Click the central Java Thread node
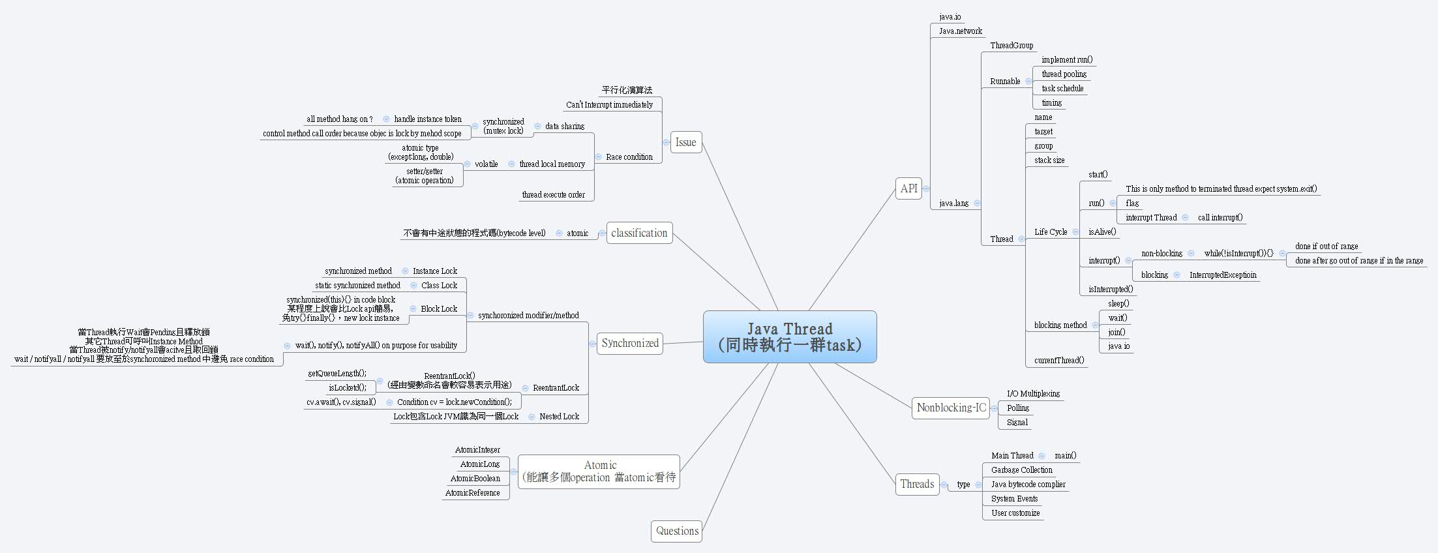pos(790,336)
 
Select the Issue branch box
pos(685,142)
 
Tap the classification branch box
pos(639,233)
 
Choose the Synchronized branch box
pos(630,343)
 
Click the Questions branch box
pos(677,531)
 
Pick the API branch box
pos(908,188)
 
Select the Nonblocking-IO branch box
pos(951,408)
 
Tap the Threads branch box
pos(917,484)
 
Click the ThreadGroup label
pos(1011,46)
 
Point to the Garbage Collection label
pos(1021,470)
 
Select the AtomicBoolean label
pos(475,479)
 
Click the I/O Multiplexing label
pos(1033,394)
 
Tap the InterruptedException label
pos(1222,275)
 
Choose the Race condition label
pos(629,157)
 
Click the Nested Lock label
pos(559,417)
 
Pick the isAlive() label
pos(1102,232)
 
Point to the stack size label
pos(1049,160)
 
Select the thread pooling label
pos(1064,74)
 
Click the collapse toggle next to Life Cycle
pos(1075,232)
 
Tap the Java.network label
pos(960,31)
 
